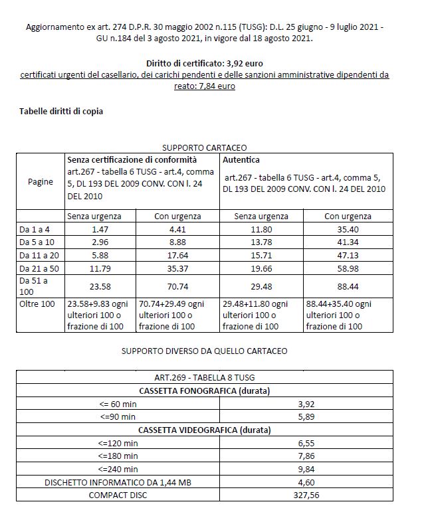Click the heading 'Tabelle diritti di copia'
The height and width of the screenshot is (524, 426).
(x=61, y=111)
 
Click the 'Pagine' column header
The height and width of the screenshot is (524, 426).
(x=41, y=182)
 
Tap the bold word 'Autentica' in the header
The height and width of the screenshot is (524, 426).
(x=242, y=160)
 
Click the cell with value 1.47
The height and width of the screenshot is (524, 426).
(x=100, y=228)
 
